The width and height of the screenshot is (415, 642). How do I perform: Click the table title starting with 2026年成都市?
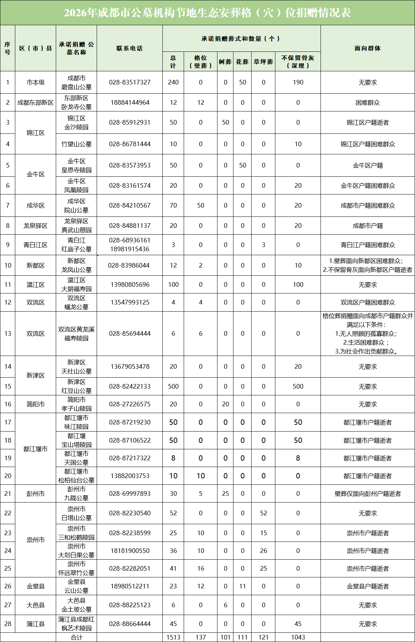tap(207, 13)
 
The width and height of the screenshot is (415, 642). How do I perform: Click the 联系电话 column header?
tap(129, 48)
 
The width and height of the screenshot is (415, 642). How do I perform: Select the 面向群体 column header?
tap(367, 48)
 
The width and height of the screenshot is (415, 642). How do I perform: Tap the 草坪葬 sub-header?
tap(263, 62)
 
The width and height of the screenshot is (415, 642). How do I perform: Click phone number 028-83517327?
tap(130, 82)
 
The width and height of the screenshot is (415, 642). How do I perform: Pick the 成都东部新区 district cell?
tap(36, 103)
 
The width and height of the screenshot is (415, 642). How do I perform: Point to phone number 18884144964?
tap(130, 103)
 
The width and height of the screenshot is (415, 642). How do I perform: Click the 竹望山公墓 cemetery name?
tap(76, 144)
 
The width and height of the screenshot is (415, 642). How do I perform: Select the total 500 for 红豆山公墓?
tap(173, 386)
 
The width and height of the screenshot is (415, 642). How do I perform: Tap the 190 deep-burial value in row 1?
tap(298, 82)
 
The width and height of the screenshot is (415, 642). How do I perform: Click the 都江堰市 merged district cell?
tap(36, 449)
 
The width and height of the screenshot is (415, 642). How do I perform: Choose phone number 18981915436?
tap(130, 249)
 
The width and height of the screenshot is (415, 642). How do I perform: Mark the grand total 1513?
tap(173, 637)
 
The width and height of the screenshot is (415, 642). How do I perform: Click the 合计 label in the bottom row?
tap(76, 637)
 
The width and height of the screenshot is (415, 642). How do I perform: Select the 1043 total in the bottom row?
tap(298, 637)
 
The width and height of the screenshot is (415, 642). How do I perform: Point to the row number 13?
tap(8, 334)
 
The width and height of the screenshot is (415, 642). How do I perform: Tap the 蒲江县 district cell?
tap(36, 624)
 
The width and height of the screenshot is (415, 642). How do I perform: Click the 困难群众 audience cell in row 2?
tap(367, 103)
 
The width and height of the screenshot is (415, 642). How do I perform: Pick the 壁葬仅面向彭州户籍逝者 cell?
tap(367, 494)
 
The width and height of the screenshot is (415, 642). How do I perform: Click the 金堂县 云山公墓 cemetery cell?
tap(76, 586)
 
